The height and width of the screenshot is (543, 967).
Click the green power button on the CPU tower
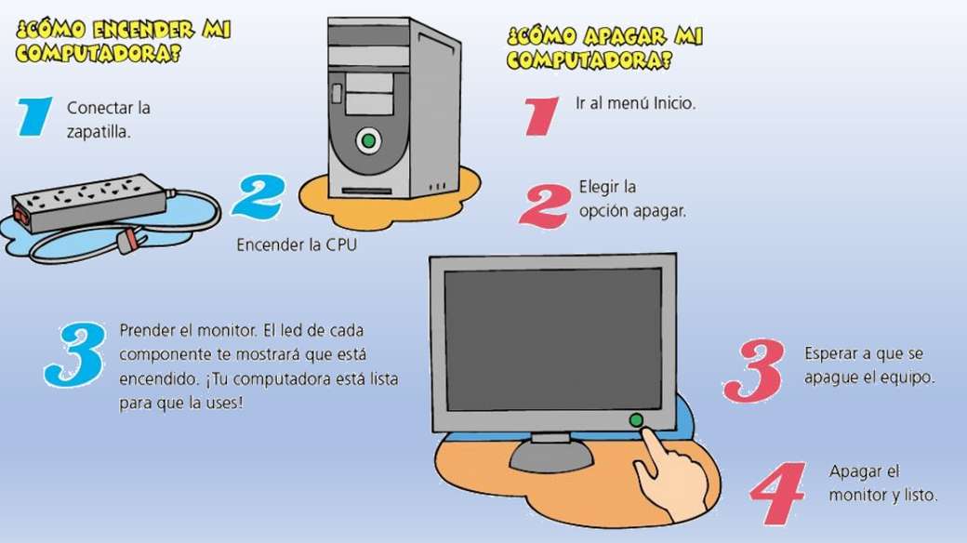368,140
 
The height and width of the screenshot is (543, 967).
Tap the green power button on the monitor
636,420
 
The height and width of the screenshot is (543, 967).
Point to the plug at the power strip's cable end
131,241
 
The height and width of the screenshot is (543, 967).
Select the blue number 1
34,116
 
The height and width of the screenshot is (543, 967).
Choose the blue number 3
75,354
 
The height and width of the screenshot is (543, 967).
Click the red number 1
541,116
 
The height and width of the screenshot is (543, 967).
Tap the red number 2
545,206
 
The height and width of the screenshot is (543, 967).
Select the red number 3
754,370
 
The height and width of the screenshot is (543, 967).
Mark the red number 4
777,494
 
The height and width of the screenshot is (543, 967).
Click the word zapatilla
99,132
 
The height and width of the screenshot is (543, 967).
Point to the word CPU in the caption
341,245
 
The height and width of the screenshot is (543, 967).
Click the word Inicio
675,103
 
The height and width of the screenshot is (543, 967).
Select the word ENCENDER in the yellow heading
143,31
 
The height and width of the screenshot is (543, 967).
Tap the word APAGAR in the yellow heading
624,36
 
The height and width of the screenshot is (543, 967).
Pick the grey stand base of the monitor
551,457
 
